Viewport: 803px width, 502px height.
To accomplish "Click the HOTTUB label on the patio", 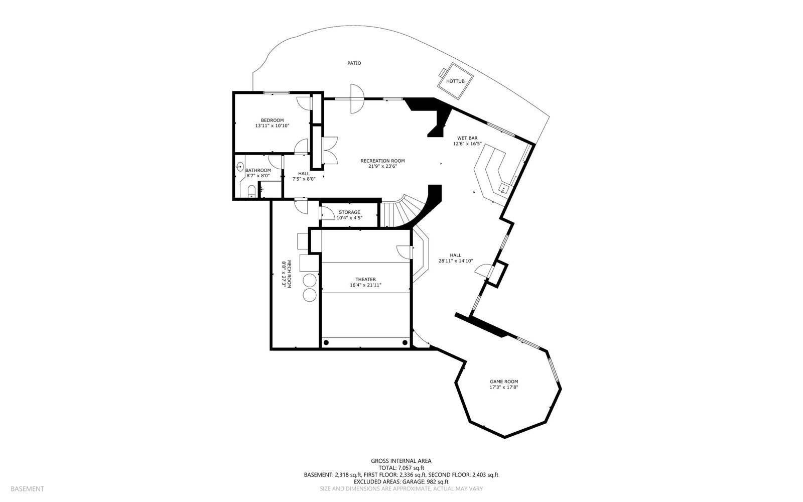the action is click(455, 81).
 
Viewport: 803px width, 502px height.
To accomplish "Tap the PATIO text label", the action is click(354, 63).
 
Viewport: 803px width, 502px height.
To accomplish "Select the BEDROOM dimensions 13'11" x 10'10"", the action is click(272, 126).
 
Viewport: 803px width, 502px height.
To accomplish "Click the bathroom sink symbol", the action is click(240, 167).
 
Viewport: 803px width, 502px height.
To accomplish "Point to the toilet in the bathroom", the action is click(251, 191).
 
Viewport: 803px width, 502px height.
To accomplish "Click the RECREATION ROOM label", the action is click(382, 161).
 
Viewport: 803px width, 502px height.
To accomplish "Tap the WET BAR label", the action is click(467, 138).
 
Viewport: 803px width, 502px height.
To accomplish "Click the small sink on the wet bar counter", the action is click(504, 188).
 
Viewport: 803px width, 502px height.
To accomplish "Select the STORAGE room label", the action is click(349, 212).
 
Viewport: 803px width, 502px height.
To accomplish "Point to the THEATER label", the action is click(366, 280).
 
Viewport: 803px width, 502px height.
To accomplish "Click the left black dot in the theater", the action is click(326, 343).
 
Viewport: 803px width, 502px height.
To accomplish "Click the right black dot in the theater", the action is click(405, 343).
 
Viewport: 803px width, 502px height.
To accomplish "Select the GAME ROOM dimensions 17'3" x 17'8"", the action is click(504, 387).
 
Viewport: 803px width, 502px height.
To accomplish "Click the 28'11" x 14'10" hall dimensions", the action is click(456, 261).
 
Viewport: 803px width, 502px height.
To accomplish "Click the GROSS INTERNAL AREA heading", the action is click(401, 461).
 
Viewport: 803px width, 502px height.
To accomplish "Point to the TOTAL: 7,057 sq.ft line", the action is click(401, 468).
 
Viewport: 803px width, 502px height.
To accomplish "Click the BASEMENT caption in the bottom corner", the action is click(27, 489).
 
